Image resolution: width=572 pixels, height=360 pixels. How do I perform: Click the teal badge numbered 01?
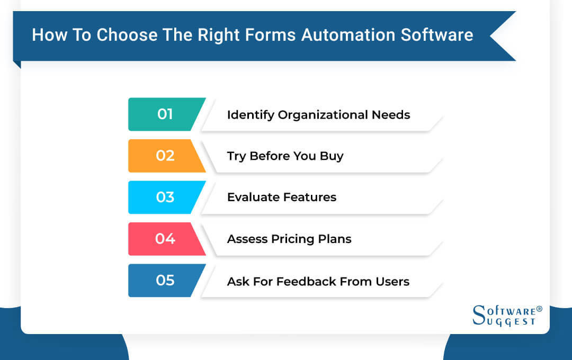click(166, 114)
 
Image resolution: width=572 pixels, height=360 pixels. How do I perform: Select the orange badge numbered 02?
click(166, 156)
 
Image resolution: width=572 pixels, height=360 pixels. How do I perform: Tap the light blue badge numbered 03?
click(166, 197)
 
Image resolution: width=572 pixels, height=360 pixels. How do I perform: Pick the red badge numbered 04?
click(166, 239)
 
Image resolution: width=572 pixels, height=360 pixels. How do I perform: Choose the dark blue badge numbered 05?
click(166, 281)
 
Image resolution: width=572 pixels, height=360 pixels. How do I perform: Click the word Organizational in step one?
click(323, 115)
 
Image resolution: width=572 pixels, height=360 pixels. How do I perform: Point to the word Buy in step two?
click(332, 157)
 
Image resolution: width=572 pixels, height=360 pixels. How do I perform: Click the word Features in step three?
click(309, 197)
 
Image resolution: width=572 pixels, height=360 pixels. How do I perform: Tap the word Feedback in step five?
click(306, 282)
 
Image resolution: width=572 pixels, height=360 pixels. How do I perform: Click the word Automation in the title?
click(348, 35)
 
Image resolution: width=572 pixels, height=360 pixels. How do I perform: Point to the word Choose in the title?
click(127, 35)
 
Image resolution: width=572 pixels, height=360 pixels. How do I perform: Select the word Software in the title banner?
click(437, 35)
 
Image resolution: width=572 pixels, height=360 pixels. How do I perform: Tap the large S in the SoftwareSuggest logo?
click(479, 315)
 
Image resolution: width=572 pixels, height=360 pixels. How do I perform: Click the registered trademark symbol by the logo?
click(539, 309)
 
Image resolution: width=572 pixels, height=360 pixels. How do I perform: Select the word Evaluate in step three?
click(253, 197)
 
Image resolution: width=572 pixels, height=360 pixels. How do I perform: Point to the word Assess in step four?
click(247, 239)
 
